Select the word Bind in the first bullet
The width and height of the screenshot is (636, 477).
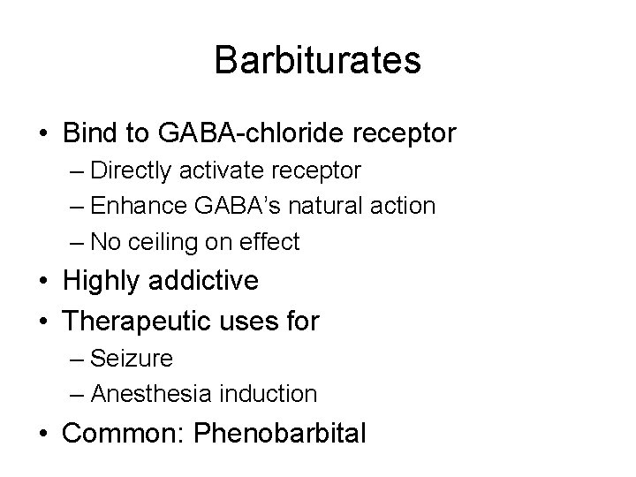88,134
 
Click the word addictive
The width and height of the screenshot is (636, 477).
205,281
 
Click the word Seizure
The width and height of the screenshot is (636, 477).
132,358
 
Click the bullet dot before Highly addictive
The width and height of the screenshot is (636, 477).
43,282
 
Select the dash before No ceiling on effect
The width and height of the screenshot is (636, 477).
76,242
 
